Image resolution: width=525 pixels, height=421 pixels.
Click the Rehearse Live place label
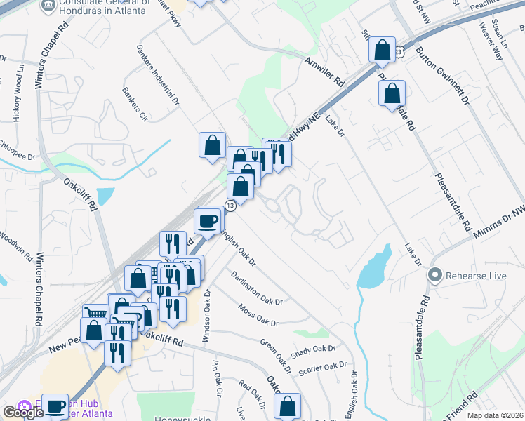[x=476, y=275]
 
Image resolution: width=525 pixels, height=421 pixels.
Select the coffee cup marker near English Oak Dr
[x=207, y=220]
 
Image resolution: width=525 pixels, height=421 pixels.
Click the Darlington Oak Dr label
[x=256, y=288]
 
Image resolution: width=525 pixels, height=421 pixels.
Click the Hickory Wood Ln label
[x=18, y=93]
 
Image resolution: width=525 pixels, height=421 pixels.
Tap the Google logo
[x=23, y=413]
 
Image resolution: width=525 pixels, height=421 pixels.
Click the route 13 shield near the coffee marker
[x=230, y=205]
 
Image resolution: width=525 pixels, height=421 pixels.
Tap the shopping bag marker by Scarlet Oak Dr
[x=287, y=406]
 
